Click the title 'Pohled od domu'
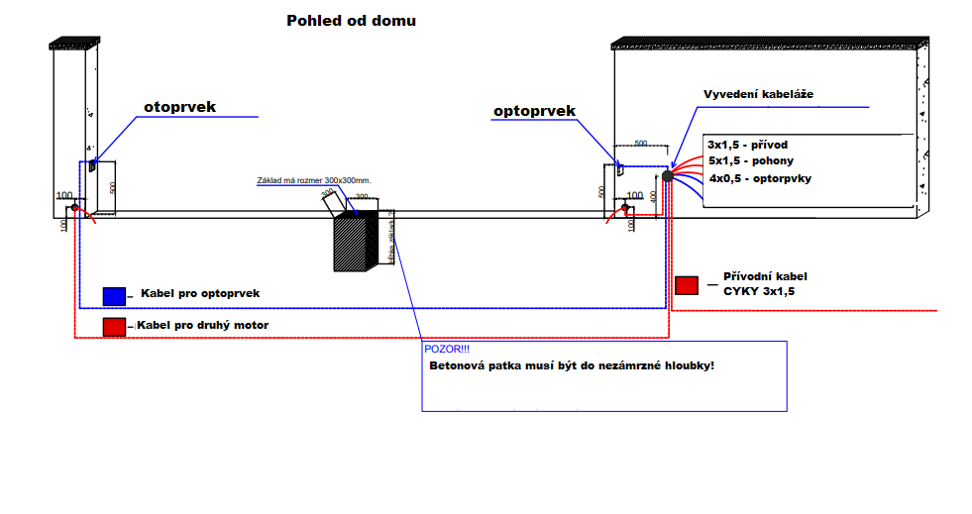coord(351,20)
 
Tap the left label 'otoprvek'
coord(179,106)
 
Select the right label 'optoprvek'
coord(534,112)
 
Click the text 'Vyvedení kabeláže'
coord(758,94)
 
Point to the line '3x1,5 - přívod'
coord(747,145)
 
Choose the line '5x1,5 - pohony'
coord(750,160)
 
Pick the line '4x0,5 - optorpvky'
coord(760,178)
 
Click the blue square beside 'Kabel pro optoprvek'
coord(115,295)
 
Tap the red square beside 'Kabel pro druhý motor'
coord(115,326)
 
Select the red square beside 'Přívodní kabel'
coord(686,285)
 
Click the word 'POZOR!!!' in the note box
coord(447,350)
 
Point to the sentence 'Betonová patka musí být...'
coord(572,366)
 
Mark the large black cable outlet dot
coord(668,175)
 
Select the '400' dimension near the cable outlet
coord(654,196)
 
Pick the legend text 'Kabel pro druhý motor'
coord(203,325)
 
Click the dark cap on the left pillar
coord(75,43)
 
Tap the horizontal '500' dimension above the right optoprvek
coord(641,143)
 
